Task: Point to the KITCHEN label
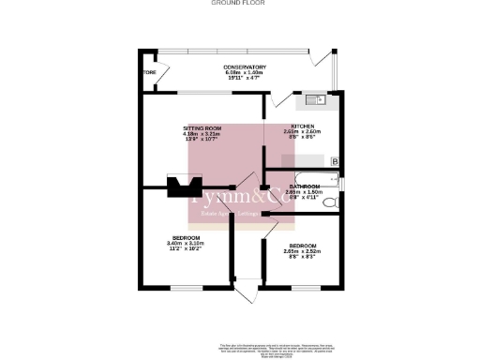[302, 127]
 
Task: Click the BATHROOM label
[306, 186]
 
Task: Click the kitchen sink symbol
[313, 97]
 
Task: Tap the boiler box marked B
[335, 161]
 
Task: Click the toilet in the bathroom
[329, 202]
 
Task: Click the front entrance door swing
[245, 292]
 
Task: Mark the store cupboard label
[148, 72]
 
